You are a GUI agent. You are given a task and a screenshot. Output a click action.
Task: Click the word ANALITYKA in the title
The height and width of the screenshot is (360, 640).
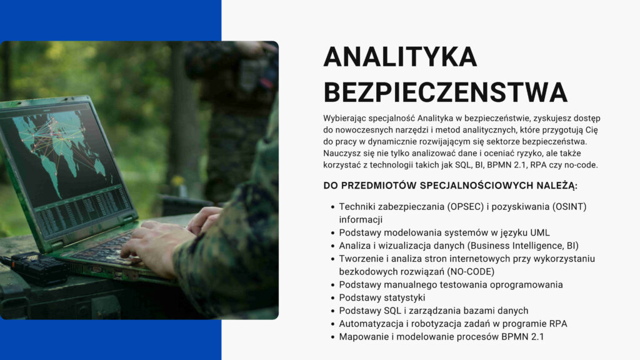[x=400, y=57]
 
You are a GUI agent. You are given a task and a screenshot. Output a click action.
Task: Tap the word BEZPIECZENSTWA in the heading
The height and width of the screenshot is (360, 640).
[x=445, y=92]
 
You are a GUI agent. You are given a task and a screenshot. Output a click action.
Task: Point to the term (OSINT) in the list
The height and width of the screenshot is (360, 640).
[x=569, y=207]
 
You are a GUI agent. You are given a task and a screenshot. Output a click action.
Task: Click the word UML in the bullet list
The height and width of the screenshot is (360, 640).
[x=540, y=232]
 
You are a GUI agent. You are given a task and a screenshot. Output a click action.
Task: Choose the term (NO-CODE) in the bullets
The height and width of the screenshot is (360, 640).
[x=471, y=272]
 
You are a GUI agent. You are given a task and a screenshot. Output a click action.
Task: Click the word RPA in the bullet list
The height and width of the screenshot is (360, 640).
[x=558, y=324]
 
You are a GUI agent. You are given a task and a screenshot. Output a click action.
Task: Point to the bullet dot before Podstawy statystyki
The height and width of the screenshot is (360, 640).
[x=332, y=298]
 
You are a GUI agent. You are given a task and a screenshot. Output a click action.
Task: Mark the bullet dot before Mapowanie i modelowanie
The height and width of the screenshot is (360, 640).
[x=332, y=337]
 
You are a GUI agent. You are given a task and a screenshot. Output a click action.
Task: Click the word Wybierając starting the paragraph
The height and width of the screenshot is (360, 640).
[x=344, y=119]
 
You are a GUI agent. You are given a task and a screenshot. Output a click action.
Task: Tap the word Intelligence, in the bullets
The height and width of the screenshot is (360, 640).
[x=539, y=246]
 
